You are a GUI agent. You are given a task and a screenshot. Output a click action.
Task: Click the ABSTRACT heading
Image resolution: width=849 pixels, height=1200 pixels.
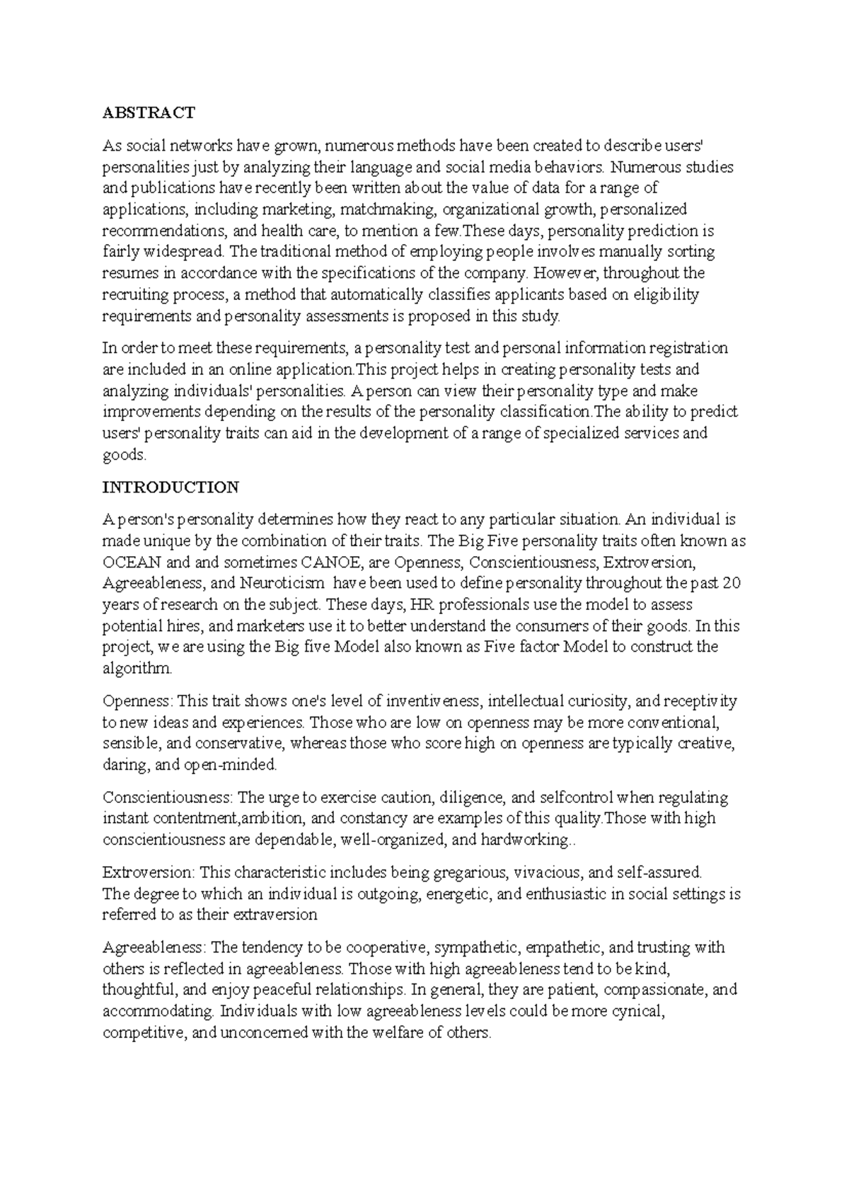tap(149, 112)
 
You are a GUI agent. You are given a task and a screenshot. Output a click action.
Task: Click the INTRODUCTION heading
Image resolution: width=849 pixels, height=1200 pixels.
tap(171, 487)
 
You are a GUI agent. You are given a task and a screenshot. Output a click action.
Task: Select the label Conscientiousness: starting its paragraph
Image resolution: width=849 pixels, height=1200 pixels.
tap(168, 798)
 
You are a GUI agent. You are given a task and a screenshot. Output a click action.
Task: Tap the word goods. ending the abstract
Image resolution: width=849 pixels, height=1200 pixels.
tap(125, 455)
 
